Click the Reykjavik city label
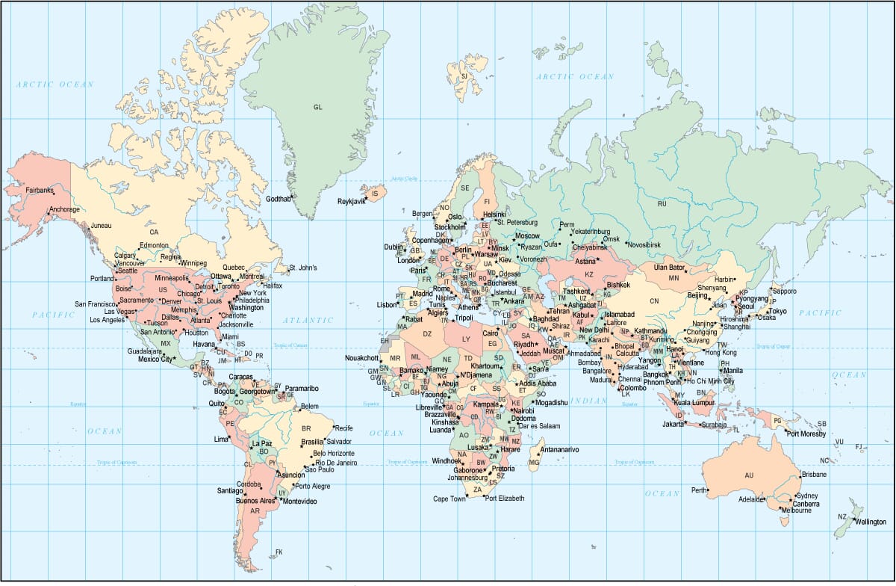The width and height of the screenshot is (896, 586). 351,201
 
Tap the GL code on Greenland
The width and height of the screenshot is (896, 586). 318,108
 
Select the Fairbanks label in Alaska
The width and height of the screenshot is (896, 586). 40,191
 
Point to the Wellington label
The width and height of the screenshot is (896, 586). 871,522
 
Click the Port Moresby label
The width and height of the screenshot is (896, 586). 807,434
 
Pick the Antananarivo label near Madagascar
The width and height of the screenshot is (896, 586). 559,449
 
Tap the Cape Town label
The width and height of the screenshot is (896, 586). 449,499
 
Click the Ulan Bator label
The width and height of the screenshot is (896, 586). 669,267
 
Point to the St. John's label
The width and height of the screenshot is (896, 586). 303,268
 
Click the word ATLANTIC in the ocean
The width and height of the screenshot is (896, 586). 308,321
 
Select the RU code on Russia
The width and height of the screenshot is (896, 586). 662,203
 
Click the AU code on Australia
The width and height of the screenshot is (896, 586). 749,475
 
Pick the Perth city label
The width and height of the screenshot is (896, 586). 699,490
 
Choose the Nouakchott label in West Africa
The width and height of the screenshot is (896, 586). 361,358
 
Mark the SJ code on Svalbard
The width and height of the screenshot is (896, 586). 464,76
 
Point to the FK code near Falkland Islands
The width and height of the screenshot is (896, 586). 279,552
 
